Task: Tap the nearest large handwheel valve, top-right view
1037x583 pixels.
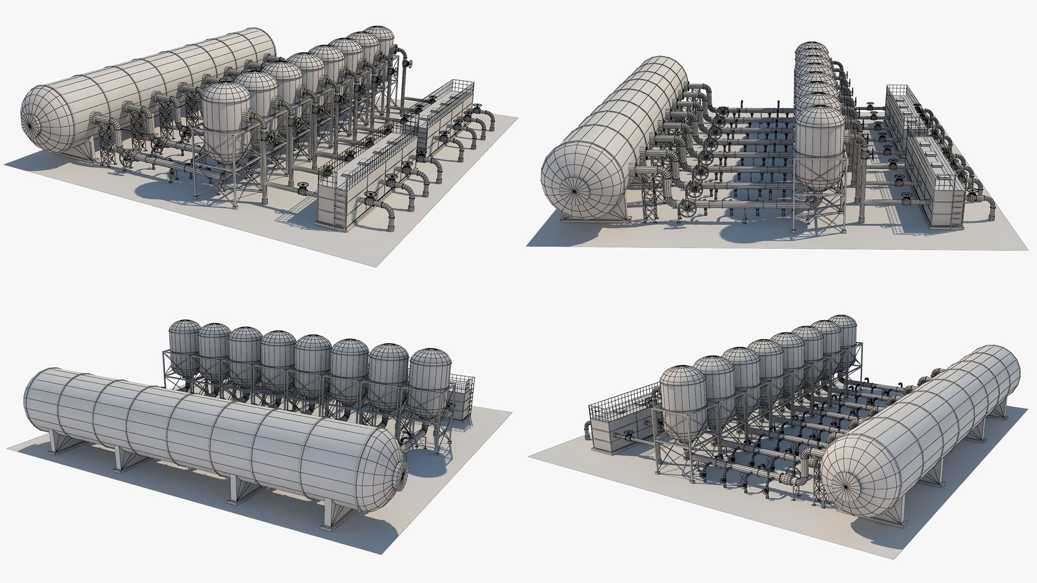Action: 688,208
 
